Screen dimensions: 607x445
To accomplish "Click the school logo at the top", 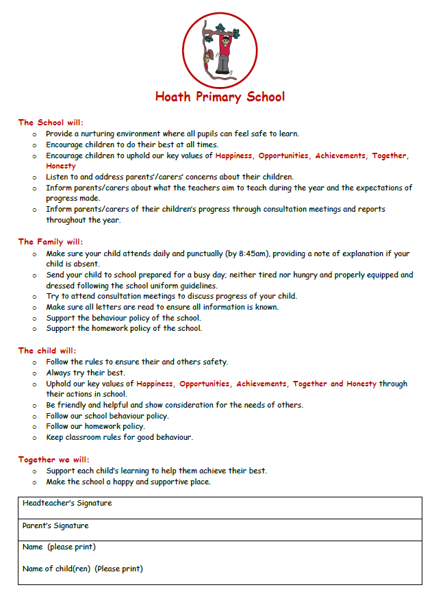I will click(x=220, y=49).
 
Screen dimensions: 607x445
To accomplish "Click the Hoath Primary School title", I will click(x=220, y=97).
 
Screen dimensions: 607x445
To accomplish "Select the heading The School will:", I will click(x=50, y=123).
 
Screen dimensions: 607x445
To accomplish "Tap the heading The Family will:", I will click(x=50, y=242).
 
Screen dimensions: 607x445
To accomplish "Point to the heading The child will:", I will click(x=47, y=351).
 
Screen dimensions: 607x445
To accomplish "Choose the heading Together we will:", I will click(x=54, y=460).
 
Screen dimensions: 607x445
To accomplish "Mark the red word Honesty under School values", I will click(x=61, y=166).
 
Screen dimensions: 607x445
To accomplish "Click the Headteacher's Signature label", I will click(x=67, y=504).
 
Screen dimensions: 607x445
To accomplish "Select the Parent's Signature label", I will click(x=55, y=526).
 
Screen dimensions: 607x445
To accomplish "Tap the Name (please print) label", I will click(x=59, y=547).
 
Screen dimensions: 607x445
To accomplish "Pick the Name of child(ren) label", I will click(x=82, y=569).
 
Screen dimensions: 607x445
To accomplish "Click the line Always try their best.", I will click(x=86, y=373).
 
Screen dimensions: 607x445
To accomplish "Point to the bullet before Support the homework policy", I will click(x=34, y=329).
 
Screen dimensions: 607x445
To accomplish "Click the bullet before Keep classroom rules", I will click(x=34, y=437).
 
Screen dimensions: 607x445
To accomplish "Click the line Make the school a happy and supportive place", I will click(x=128, y=482).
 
